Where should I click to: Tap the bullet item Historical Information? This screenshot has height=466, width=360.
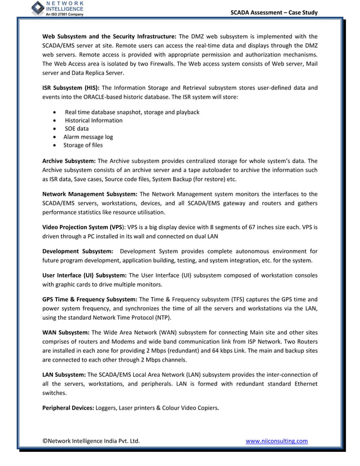click(x=94, y=120)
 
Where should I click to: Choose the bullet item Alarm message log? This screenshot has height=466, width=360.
click(x=88, y=137)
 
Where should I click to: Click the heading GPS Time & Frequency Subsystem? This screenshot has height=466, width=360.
click(x=90, y=300)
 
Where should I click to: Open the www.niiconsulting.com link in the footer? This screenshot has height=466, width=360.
click(x=277, y=441)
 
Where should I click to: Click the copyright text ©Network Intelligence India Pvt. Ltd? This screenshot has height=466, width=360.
click(x=91, y=441)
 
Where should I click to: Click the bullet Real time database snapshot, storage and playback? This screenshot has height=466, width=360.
click(x=132, y=112)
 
